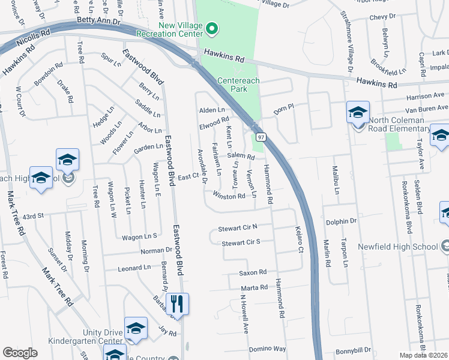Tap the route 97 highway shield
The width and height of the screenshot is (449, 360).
261,137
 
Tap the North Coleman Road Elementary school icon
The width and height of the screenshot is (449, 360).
358,113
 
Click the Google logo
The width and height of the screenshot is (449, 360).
20,353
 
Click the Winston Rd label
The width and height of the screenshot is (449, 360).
229,195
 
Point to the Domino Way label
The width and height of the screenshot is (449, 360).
267,348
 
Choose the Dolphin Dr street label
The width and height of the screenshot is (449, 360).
341,221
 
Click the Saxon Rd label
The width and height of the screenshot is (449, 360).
253,273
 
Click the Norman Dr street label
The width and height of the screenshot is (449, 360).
140,250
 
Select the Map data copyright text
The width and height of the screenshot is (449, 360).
424,355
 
